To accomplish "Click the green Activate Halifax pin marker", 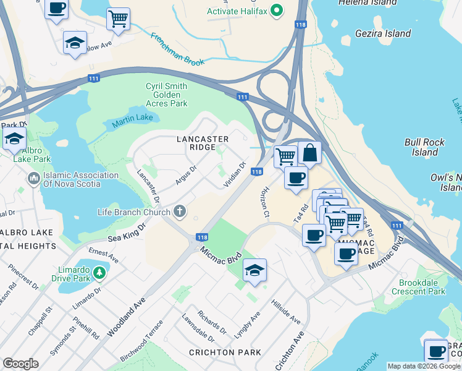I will [277, 11].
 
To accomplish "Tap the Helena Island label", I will [367, 3].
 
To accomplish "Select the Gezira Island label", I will [384, 33].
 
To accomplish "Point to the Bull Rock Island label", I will [421, 147].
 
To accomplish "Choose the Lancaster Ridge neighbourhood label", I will [203, 143].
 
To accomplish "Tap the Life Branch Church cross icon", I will [180, 212].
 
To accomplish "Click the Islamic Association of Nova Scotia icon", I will [33, 179].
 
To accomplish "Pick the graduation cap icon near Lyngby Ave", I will [254, 270].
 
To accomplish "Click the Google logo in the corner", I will [20, 364].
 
